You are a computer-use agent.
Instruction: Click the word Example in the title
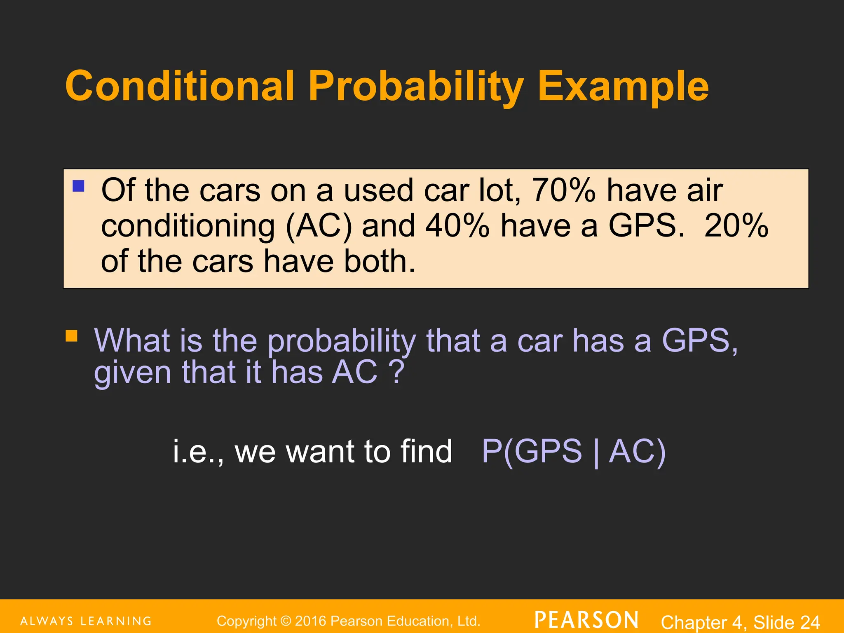[x=623, y=87]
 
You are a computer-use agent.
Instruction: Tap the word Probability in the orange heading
[x=416, y=87]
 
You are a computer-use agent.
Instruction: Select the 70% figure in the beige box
[x=564, y=190]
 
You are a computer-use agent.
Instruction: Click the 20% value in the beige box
[x=736, y=226]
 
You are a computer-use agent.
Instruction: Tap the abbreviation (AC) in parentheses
[x=319, y=226]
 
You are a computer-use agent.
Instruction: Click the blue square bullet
[x=78, y=186]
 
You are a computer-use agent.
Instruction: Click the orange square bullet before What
[x=72, y=336]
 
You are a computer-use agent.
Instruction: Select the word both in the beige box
[x=379, y=261]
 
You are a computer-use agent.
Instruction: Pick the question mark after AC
[x=397, y=372]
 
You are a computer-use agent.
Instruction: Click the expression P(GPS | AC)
[x=573, y=451]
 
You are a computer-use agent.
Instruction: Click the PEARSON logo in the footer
[x=586, y=620]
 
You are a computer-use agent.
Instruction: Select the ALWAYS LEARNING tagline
[x=86, y=621]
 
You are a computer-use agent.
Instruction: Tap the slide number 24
[x=810, y=622]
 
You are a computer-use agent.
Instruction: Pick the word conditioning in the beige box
[x=188, y=227]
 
